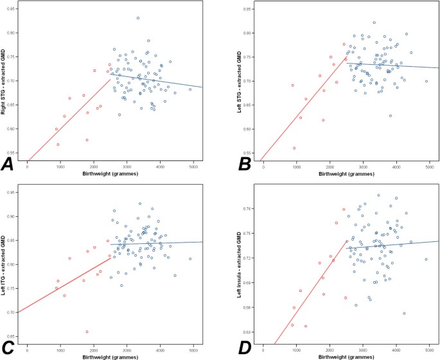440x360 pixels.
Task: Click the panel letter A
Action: tap(10, 164)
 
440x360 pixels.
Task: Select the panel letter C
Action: tap(9, 347)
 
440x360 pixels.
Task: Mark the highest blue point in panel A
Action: tap(137, 18)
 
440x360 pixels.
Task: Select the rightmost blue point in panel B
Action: tap(426, 81)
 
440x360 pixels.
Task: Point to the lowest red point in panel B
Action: tap(294, 148)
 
